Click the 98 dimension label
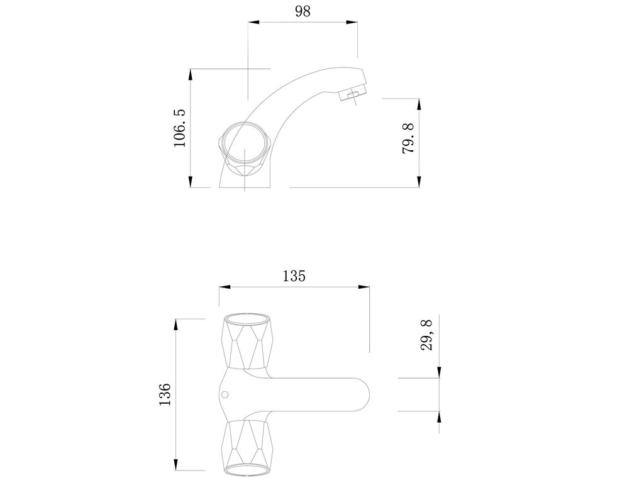(303, 11)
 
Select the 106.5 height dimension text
(179, 128)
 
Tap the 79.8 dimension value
(408, 139)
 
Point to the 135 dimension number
(294, 276)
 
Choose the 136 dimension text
(165, 394)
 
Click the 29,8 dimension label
(427, 336)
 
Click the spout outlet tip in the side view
(352, 96)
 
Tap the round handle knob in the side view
(244, 143)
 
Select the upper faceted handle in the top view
(247, 341)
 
